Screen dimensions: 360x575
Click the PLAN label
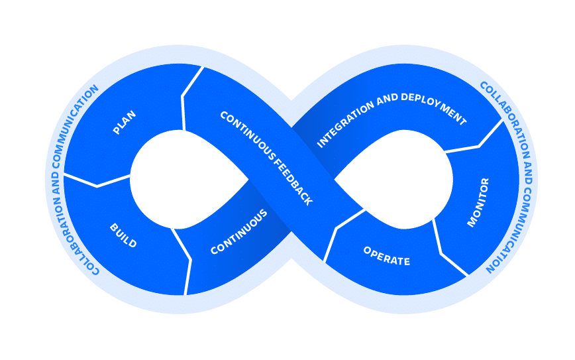(x=125, y=123)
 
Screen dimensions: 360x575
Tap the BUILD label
(x=123, y=236)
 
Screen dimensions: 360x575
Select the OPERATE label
(x=386, y=256)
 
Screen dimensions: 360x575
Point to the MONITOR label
(x=478, y=202)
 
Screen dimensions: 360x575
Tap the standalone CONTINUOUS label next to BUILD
(x=239, y=232)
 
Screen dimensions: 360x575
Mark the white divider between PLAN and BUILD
(x=97, y=182)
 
